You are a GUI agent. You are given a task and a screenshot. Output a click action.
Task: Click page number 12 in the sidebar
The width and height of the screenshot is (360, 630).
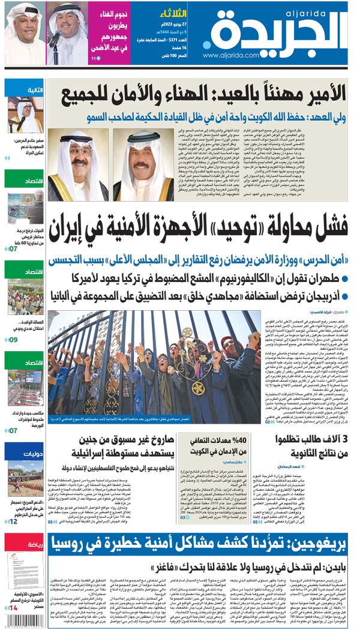click(12, 523)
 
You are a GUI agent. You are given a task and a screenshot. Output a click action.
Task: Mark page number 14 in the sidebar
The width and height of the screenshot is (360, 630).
click(12, 607)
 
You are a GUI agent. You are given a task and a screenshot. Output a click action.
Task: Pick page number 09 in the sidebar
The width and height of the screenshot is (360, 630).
click(12, 340)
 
